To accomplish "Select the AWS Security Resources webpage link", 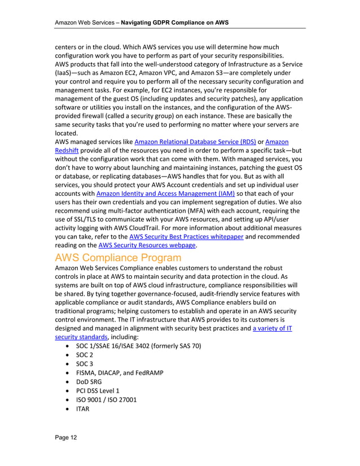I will [x=147, y=245].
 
